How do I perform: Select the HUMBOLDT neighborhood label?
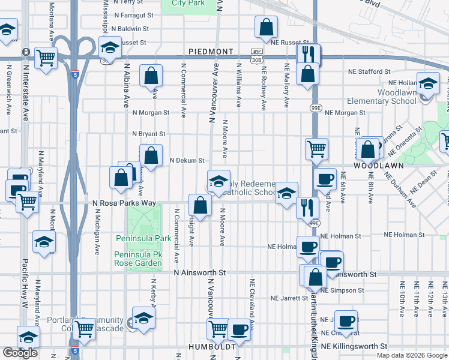[205, 347]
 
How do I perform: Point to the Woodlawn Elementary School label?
[397, 97]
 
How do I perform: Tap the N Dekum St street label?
[187, 160]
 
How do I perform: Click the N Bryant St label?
[148, 134]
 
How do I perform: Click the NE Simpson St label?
[342, 290]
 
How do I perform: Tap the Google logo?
[20, 353]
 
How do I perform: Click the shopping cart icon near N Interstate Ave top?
[46, 58]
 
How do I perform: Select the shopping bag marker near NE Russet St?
[266, 26]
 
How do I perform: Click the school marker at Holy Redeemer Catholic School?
[219, 181]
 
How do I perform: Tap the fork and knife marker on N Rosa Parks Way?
[307, 208]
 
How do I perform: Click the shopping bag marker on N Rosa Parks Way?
[200, 205]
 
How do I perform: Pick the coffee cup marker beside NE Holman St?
[309, 246]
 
